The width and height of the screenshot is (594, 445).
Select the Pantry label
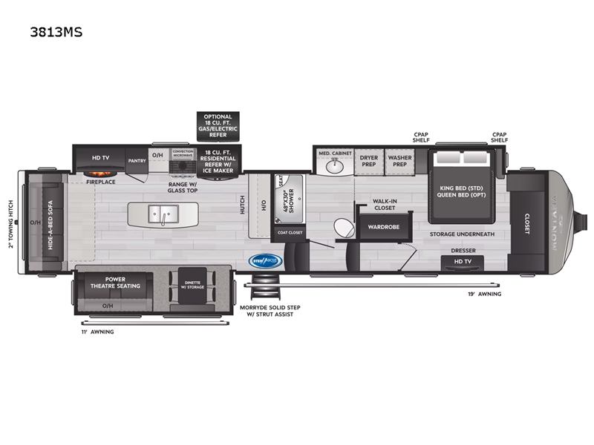(x=136, y=160)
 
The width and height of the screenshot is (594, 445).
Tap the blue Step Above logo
(x=264, y=260)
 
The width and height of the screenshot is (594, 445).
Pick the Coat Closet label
(x=290, y=234)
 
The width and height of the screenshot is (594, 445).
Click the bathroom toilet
(x=342, y=226)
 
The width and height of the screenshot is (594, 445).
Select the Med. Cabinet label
(x=335, y=154)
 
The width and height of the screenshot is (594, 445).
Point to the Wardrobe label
(x=381, y=226)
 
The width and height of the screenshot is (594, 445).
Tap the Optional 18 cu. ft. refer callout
(x=218, y=127)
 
